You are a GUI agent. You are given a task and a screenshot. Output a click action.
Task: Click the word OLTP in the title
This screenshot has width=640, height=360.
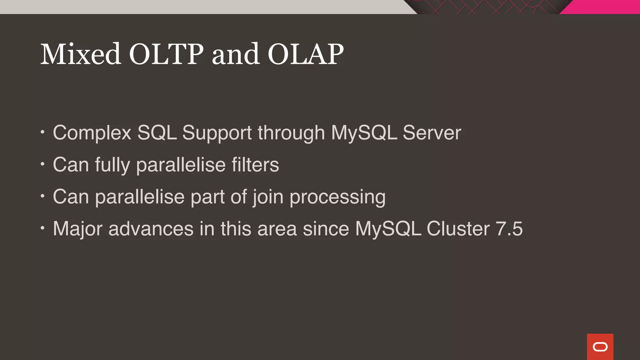pyautogui.click(x=166, y=54)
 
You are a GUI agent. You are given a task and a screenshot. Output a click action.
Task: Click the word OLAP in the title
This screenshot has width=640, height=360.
pyautogui.click(x=305, y=54)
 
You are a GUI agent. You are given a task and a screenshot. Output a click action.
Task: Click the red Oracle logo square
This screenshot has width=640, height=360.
pyautogui.click(x=600, y=347)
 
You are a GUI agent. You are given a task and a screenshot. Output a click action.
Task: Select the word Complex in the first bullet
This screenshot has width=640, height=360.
pyautogui.click(x=92, y=133)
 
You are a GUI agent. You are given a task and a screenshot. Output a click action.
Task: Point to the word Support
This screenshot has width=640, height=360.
pyautogui.click(x=217, y=133)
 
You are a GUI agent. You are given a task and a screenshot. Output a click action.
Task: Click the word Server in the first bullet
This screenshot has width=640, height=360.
pyautogui.click(x=432, y=132)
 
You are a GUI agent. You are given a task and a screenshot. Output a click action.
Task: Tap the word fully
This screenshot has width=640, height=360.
pyautogui.click(x=112, y=165)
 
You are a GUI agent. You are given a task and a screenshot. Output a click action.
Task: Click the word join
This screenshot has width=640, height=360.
pyautogui.click(x=268, y=197)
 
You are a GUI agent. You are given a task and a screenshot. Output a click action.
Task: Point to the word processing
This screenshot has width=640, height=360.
pyautogui.click(x=337, y=197)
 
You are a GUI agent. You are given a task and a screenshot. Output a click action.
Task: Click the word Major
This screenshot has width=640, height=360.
pyautogui.click(x=77, y=229)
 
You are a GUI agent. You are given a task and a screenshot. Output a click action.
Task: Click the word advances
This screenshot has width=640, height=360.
pyautogui.click(x=151, y=229)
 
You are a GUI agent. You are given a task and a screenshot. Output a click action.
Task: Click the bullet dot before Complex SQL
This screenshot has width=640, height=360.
pyautogui.click(x=42, y=132)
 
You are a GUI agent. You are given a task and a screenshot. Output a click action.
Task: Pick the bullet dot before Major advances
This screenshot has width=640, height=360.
pyautogui.click(x=42, y=228)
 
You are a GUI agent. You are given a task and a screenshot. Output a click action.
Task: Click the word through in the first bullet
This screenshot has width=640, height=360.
pyautogui.click(x=291, y=133)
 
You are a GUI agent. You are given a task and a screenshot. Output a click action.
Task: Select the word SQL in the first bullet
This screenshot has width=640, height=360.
pyautogui.click(x=157, y=132)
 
